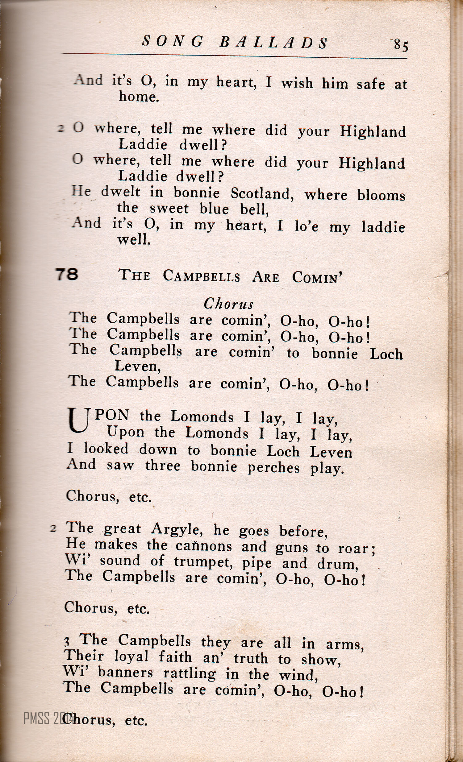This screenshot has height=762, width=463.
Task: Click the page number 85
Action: pos(401,45)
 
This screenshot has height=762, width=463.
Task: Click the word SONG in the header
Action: pos(173,41)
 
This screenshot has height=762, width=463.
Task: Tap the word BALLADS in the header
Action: pos(273,43)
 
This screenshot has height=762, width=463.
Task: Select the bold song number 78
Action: pos(67,274)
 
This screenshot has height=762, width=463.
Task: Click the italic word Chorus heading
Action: pos(228,304)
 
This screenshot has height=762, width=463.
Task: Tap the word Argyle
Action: pos(177,530)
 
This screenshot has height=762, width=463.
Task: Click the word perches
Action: pos(273,468)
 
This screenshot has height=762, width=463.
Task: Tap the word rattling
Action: pos(190,674)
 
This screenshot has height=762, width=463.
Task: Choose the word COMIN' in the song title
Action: pos(317,277)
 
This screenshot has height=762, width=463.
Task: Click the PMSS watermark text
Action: pos(48,718)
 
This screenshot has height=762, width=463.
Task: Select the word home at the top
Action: pos(139,97)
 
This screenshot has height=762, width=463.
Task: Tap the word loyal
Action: pos(131,656)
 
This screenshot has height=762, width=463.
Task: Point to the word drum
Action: pos(337,564)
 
